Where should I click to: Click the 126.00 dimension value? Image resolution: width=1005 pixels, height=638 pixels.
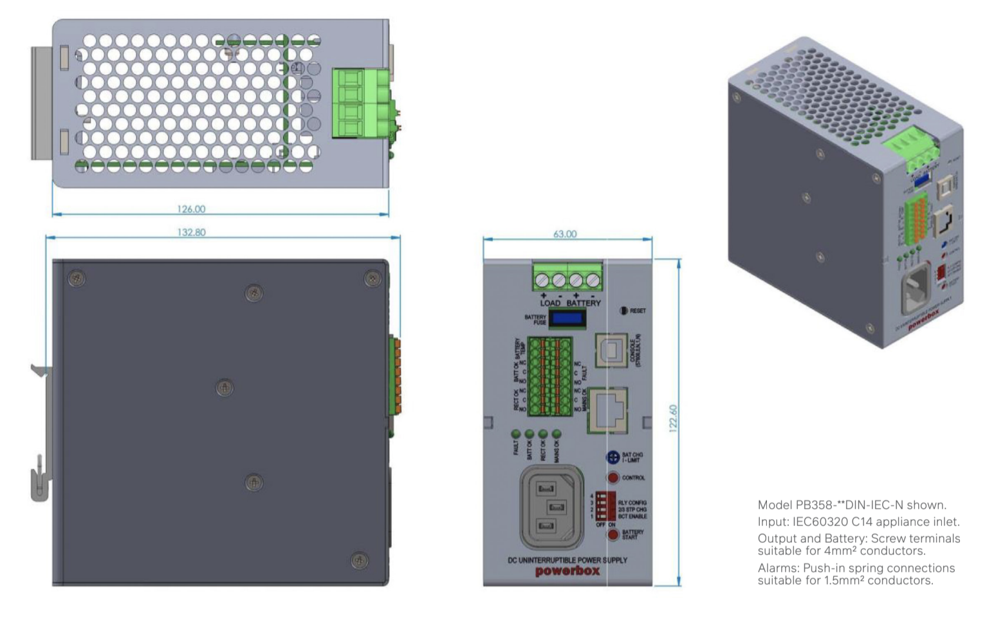[191, 209]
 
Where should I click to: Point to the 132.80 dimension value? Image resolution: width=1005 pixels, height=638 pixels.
[191, 232]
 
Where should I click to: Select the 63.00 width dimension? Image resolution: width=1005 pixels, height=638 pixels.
[565, 234]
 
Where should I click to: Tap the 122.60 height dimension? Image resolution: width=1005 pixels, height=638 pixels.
[673, 418]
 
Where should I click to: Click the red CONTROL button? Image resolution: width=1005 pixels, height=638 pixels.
[613, 477]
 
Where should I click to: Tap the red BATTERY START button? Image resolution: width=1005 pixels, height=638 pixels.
[613, 534]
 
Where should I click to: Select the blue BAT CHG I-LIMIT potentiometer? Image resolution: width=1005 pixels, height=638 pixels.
[613, 457]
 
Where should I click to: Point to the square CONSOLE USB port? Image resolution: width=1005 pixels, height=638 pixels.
[611, 351]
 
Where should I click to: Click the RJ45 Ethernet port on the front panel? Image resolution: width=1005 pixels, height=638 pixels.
[609, 410]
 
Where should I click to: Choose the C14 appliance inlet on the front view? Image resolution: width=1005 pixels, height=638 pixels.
[552, 507]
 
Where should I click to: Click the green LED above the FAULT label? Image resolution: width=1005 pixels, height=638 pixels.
[516, 435]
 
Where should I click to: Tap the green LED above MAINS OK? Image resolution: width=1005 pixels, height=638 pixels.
[557, 435]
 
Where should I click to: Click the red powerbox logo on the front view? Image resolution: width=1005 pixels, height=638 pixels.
[567, 571]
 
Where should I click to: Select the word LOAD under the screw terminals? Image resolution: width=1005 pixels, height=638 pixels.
[550, 303]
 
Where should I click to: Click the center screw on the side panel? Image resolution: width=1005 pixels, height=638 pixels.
[224, 388]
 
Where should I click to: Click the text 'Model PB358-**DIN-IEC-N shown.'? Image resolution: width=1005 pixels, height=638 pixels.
[852, 505]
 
